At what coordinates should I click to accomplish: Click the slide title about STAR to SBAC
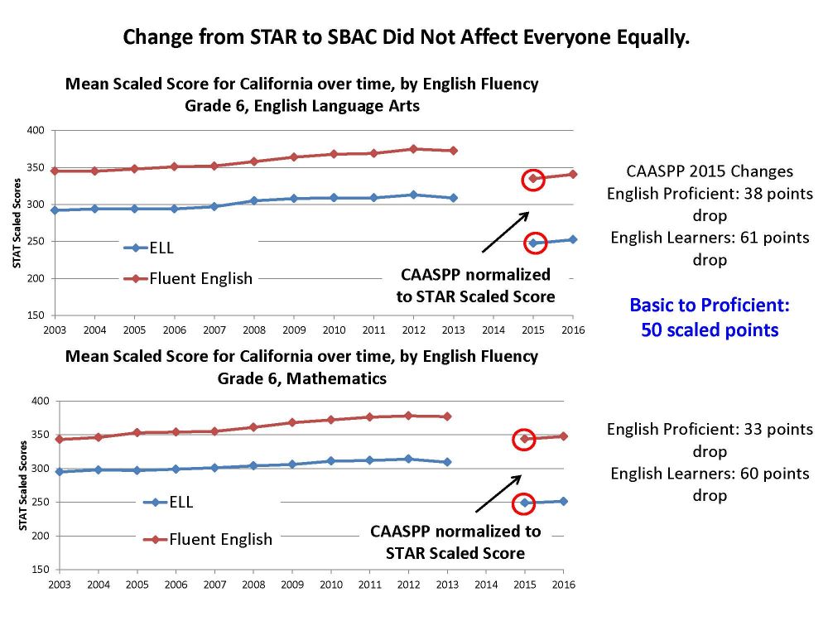click(x=406, y=37)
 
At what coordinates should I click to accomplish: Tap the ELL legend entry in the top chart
click(x=161, y=247)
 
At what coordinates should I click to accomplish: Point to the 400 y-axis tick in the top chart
click(x=36, y=131)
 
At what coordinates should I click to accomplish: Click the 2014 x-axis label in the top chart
click(x=493, y=329)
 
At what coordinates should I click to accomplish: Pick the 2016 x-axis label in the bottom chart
click(x=564, y=584)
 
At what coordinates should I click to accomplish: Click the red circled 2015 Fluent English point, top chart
click(x=534, y=179)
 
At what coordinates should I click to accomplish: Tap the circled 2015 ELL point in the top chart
click(x=534, y=243)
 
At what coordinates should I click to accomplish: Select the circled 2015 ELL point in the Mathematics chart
click(x=523, y=503)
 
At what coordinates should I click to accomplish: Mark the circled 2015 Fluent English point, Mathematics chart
click(x=523, y=439)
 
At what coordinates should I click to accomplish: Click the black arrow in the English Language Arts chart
click(x=504, y=231)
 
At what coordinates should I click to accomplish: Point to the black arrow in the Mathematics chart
click(x=498, y=493)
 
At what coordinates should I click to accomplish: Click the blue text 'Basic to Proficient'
click(x=710, y=305)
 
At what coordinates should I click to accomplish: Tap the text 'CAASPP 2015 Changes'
click(x=710, y=171)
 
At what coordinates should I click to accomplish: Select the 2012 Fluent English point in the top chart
click(x=412, y=149)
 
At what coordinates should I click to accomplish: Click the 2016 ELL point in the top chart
click(x=573, y=239)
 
